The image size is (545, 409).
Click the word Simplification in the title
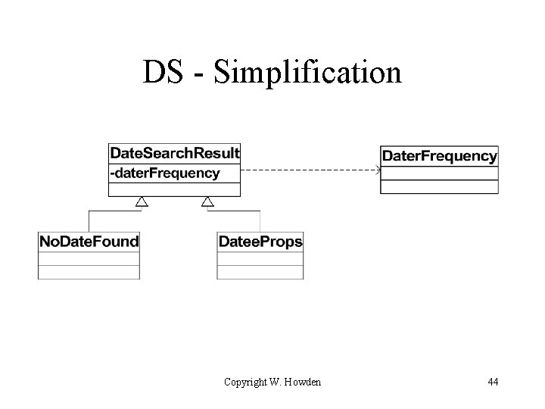point(308,73)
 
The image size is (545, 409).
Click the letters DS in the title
point(161,73)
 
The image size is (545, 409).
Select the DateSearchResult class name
point(175,153)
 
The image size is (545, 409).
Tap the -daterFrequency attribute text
point(165,173)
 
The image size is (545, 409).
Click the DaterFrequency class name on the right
point(439,157)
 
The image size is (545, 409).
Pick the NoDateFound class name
point(89,242)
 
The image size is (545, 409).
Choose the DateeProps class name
point(260,242)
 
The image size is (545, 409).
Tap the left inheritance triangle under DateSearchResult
point(141,201)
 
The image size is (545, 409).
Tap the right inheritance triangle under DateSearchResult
point(207,201)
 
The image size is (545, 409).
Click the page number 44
point(493,382)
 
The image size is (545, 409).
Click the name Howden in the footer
point(302,382)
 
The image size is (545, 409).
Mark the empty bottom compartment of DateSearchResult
point(175,189)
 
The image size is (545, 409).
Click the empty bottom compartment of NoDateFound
point(89,272)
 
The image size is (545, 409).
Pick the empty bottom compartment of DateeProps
point(260,272)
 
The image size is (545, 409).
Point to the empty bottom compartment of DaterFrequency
point(439,187)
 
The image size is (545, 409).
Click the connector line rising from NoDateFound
point(89,220)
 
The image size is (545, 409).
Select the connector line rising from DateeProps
point(260,220)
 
